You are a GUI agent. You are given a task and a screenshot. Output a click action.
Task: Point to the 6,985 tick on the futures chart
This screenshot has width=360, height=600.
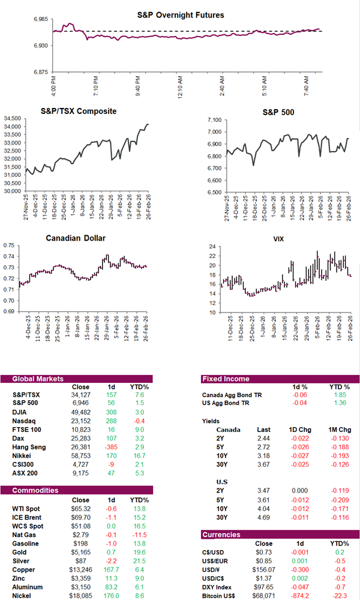click(x=43, y=19)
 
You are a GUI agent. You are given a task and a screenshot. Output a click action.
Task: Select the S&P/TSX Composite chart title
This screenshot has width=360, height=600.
click(x=79, y=111)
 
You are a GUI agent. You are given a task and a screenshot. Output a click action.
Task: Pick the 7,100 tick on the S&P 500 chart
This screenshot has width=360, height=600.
click(x=212, y=119)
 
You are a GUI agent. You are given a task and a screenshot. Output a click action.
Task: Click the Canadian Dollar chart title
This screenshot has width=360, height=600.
click(x=76, y=238)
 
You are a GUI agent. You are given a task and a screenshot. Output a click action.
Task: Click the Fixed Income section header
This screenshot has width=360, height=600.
click(x=227, y=379)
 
